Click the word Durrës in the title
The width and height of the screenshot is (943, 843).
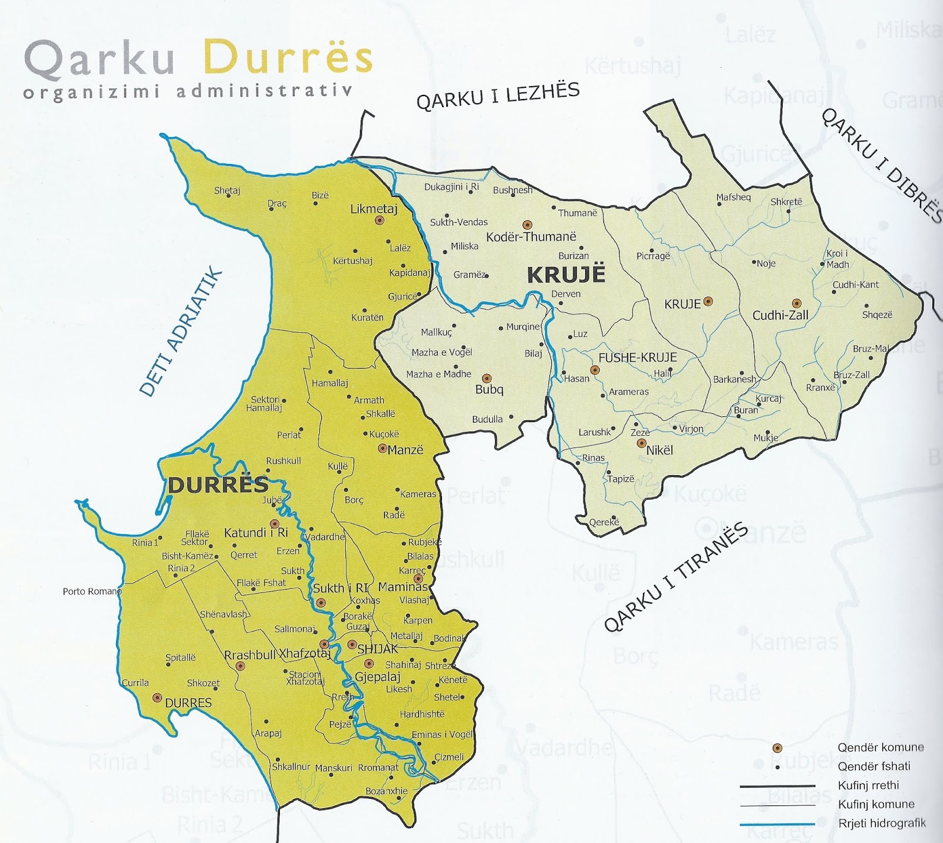(x=288, y=58)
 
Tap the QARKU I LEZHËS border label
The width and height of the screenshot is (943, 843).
(x=498, y=96)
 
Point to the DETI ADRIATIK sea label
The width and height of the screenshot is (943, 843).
(x=182, y=333)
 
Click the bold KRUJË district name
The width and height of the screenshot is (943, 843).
(x=566, y=275)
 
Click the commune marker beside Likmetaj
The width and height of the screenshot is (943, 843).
(x=380, y=220)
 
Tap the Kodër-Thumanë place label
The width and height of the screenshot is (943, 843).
(x=531, y=237)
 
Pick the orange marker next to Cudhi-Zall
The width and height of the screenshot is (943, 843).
(x=797, y=302)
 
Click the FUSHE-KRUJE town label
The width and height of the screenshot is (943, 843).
(x=637, y=358)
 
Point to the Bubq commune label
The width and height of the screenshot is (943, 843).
(x=489, y=390)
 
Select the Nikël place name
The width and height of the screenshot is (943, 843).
(x=660, y=450)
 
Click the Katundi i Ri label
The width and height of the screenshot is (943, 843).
(x=255, y=533)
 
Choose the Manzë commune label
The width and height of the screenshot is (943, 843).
(x=405, y=450)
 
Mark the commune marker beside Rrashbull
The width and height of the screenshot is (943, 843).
(x=240, y=666)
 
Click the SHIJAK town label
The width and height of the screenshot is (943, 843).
(x=378, y=648)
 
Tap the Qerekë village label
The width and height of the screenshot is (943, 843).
(x=604, y=522)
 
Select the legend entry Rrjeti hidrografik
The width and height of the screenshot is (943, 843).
(x=881, y=823)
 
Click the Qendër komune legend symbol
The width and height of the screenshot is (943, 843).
(x=777, y=748)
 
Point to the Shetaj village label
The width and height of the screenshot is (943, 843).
(x=227, y=190)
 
